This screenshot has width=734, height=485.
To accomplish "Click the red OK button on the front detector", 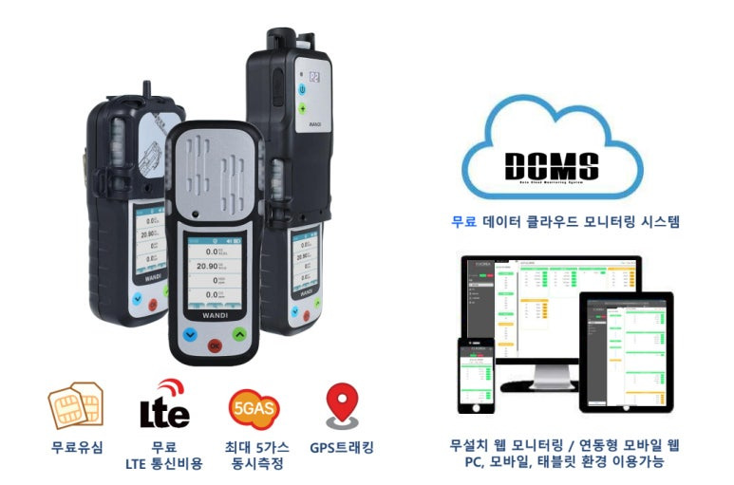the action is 217,345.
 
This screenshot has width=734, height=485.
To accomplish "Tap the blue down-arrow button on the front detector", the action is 189,334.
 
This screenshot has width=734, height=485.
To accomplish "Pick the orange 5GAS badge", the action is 250,406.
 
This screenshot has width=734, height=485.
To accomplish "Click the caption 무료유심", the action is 77,446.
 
